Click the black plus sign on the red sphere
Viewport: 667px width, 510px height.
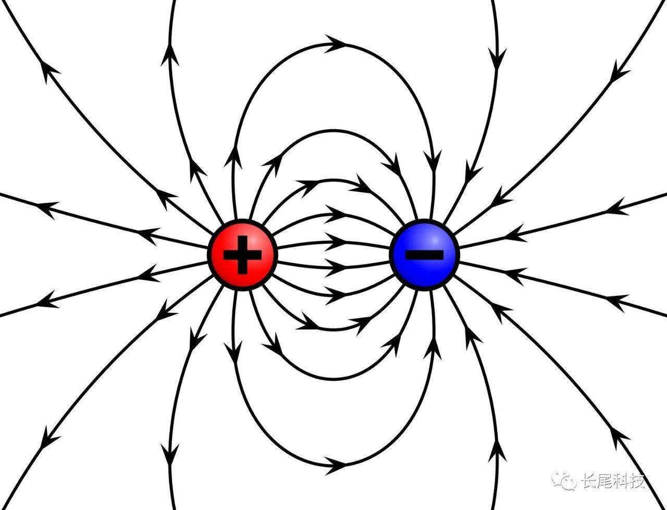click(x=242, y=255)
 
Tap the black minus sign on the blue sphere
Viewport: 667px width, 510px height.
click(x=425, y=254)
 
